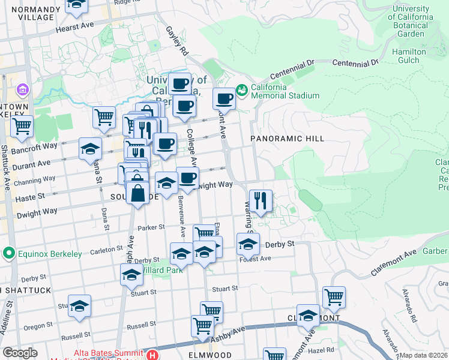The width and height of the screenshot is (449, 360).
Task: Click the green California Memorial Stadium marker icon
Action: (x=242, y=91)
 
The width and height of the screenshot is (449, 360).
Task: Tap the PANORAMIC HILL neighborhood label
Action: (x=287, y=139)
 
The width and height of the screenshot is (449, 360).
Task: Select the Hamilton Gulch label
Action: (x=409, y=56)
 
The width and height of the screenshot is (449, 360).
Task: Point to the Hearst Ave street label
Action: (x=75, y=28)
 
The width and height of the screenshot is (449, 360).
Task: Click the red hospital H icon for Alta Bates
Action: (x=154, y=355)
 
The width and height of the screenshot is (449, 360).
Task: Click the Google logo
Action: (x=19, y=353)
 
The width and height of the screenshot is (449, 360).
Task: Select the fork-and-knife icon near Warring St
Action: (x=261, y=200)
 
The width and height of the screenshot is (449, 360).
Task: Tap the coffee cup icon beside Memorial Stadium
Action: (x=224, y=98)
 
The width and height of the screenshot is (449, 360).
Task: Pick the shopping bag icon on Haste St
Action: (x=138, y=193)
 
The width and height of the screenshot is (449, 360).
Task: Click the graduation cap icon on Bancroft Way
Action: (x=90, y=148)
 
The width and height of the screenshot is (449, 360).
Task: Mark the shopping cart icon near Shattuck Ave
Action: (x=22, y=126)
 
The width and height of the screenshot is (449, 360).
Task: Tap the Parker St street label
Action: (x=151, y=227)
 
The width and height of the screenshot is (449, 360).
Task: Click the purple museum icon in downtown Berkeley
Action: (x=23, y=90)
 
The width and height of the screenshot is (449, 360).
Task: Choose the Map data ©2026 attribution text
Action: (x=424, y=355)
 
